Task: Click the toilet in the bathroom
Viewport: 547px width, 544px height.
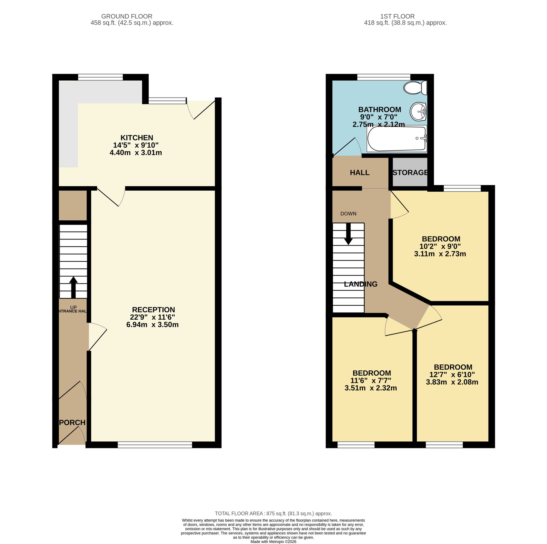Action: (415, 88)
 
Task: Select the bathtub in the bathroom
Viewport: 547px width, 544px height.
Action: (397, 139)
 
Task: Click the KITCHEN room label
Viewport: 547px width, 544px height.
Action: (137, 138)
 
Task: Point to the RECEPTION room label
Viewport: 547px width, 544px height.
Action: (153, 310)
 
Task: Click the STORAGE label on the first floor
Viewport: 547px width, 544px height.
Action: (410, 172)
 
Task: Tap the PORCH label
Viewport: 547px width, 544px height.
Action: (72, 423)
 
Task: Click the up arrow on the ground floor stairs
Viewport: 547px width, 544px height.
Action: (73, 287)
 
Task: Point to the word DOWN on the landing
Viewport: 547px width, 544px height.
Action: (348, 214)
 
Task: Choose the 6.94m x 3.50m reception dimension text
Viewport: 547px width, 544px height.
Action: (152, 325)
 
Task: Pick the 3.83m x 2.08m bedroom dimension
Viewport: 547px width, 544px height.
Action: (452, 382)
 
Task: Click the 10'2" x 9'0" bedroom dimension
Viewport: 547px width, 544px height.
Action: (440, 246)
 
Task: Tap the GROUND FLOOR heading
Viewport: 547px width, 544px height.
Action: (127, 17)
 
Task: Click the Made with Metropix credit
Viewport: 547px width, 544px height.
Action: (273, 542)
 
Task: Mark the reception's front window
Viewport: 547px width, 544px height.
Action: (155, 446)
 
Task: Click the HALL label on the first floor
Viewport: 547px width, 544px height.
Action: (360, 172)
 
